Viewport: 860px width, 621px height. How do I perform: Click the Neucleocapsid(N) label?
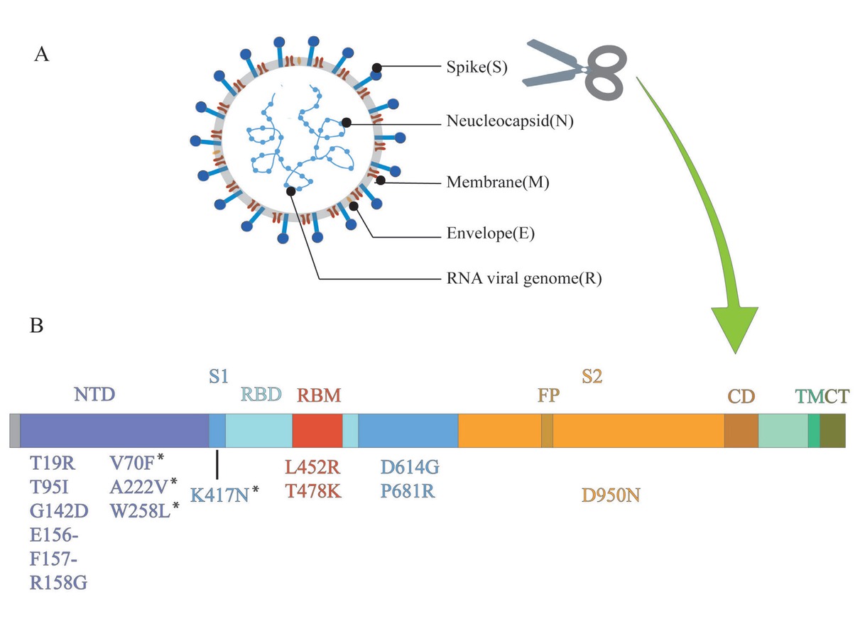(x=509, y=121)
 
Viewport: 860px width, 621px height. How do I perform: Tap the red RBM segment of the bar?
(x=317, y=431)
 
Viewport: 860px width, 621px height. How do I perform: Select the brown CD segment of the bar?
(x=741, y=431)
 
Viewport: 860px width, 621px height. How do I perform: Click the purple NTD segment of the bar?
(x=114, y=431)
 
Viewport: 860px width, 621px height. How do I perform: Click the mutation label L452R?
(x=313, y=468)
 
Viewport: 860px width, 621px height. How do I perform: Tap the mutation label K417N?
(x=219, y=495)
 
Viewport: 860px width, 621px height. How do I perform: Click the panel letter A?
(x=41, y=55)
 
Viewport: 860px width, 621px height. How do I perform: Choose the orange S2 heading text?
(x=592, y=377)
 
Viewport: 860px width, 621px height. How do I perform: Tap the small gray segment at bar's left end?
(x=15, y=431)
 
